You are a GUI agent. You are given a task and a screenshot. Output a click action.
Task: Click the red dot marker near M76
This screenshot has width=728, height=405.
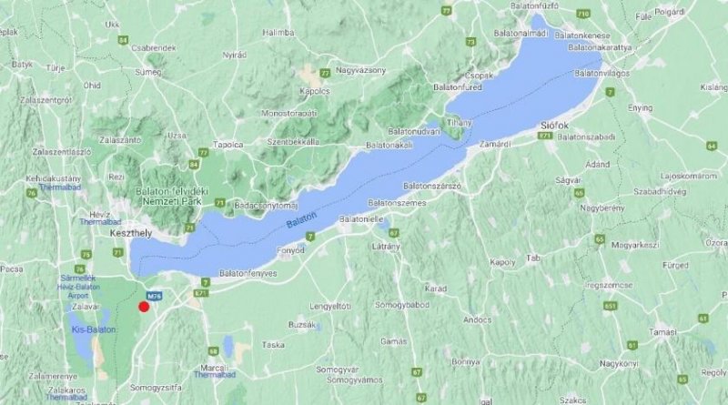[144, 307]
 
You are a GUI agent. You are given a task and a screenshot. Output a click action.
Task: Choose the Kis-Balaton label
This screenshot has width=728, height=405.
[94, 329]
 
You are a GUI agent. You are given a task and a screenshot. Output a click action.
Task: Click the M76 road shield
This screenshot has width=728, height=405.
[156, 295]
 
